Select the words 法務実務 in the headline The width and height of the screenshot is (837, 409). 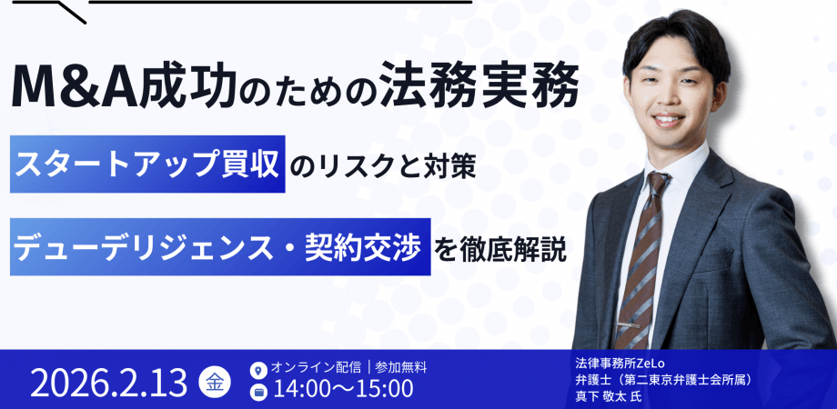click(x=479, y=87)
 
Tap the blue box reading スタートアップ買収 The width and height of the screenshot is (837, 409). click(x=147, y=164)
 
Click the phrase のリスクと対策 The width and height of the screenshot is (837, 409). click(x=383, y=165)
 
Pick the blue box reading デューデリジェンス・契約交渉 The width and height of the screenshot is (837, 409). click(x=220, y=247)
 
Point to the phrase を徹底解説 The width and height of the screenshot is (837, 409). click(x=501, y=248)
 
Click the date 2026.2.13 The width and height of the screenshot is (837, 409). click(x=109, y=383)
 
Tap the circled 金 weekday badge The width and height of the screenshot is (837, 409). click(x=215, y=383)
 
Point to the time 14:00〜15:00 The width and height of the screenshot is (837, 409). click(x=343, y=389)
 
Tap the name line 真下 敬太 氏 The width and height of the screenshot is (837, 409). click(x=609, y=397)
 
